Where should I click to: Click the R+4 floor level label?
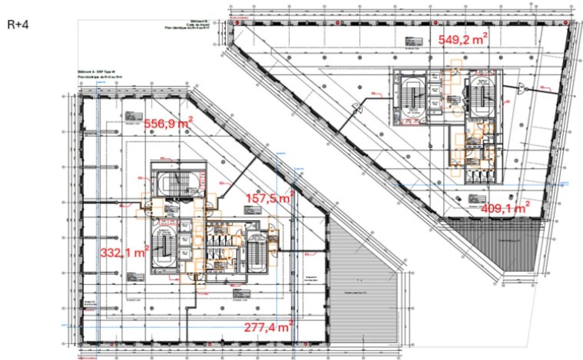(18, 25)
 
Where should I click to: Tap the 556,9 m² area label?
(168, 123)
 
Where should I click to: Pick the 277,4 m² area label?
(268, 327)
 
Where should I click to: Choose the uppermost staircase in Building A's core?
(176, 185)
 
